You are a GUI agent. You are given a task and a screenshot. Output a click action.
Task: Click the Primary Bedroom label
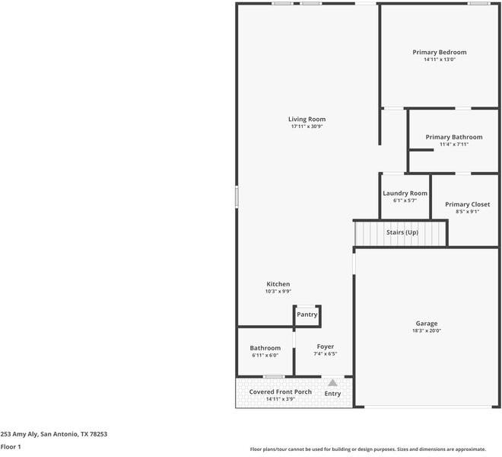(x=439, y=52)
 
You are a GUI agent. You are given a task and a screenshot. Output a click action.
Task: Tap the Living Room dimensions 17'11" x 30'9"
(x=307, y=126)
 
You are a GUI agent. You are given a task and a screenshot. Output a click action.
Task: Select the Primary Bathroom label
(x=453, y=137)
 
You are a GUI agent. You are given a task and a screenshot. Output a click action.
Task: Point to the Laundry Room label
(x=405, y=193)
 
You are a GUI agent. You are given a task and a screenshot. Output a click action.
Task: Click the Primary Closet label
(x=467, y=204)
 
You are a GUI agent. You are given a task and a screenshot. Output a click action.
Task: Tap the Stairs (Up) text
(x=402, y=232)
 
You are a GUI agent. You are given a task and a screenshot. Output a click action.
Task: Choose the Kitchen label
(x=278, y=284)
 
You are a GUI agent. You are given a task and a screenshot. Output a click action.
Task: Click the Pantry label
(x=307, y=315)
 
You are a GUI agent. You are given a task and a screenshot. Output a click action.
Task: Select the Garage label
(x=426, y=323)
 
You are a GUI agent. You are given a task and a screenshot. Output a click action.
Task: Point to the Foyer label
(x=325, y=347)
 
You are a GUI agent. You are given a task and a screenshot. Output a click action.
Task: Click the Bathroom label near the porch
(x=265, y=348)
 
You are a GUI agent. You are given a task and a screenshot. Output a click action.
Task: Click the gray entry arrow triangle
(x=332, y=382)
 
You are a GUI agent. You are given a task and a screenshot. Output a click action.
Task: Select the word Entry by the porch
(x=332, y=394)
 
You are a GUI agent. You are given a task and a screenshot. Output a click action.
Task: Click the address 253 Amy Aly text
(x=53, y=434)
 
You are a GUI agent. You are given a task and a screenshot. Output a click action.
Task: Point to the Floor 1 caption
(x=11, y=446)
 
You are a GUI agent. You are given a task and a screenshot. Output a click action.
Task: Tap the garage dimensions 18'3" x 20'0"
(x=426, y=331)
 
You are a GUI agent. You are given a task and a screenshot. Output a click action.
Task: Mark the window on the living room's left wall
(x=237, y=197)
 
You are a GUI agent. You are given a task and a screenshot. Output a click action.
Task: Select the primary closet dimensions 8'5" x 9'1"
(x=467, y=212)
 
